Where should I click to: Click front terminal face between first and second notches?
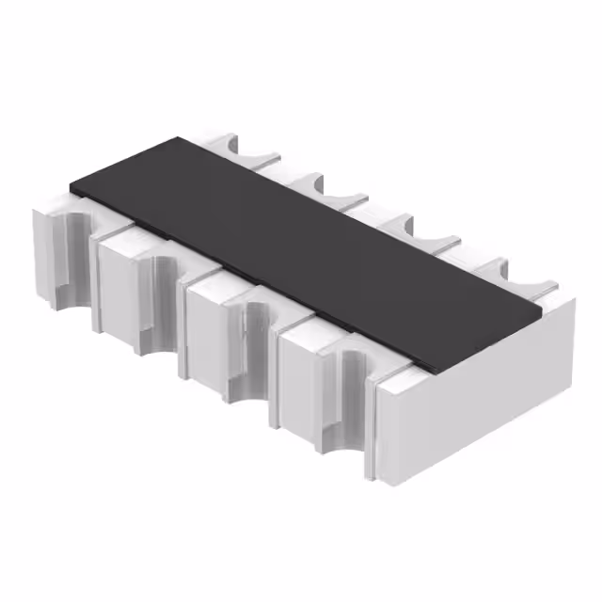(x=118, y=282)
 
